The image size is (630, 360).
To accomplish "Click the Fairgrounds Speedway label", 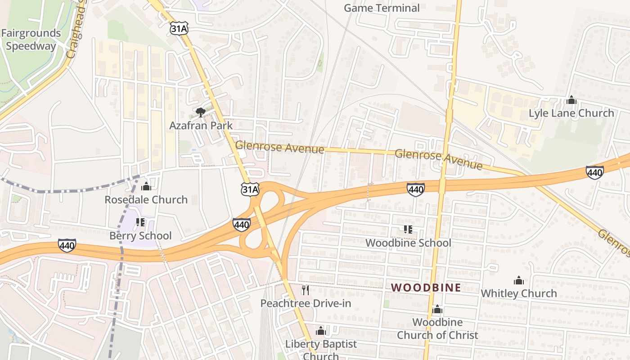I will tap(31, 40).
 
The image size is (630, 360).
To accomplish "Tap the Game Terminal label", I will tap(382, 8).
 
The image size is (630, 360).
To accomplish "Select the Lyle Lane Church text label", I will tap(571, 113).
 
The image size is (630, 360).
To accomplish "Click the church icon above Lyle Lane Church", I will tap(571, 100).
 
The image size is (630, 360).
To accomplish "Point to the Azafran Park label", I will tap(201, 126).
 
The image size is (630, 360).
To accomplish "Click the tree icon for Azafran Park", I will tap(201, 112).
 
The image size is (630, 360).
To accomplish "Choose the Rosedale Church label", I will tap(146, 199).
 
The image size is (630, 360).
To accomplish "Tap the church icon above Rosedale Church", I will tap(146, 186).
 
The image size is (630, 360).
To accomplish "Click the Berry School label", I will tap(140, 236).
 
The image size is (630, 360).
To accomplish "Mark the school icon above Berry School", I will tap(140, 222).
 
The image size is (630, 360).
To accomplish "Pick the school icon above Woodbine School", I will tap(408, 229).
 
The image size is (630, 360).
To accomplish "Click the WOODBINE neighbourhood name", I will tap(426, 288).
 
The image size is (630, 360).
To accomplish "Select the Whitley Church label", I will tap(519, 293).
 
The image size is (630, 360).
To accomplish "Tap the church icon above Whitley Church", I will tap(519, 281).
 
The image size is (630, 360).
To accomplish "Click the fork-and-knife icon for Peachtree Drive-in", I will tap(306, 290).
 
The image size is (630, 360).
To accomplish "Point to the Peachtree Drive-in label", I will tap(306, 303).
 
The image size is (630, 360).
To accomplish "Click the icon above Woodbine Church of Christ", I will tap(437, 310).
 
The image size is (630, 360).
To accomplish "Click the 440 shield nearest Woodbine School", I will tap(415, 189).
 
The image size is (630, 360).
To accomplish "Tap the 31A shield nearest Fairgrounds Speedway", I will tap(179, 28).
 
